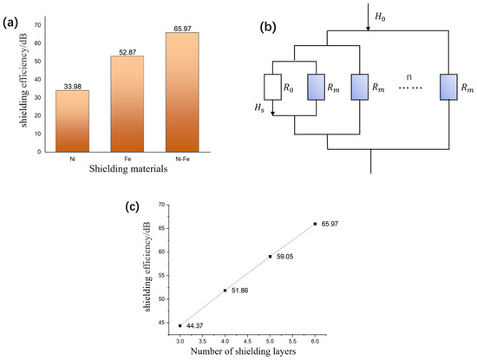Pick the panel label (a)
click(13, 10)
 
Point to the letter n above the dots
click(407, 74)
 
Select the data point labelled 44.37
click(180, 325)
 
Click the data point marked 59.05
click(270, 256)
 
